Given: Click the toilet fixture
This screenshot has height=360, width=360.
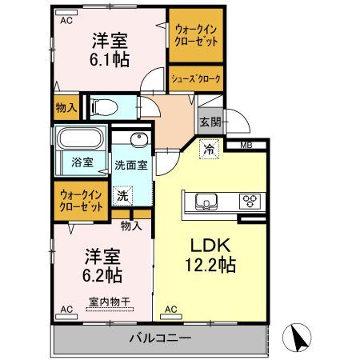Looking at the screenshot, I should pyautogui.click(x=104, y=106).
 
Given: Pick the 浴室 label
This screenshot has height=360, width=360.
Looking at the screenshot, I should pyautogui.click(x=82, y=162).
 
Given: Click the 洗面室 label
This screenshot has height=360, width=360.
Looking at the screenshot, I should pyautogui.click(x=130, y=166).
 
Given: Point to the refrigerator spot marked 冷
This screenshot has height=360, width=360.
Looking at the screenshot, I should pyautogui.click(x=208, y=149).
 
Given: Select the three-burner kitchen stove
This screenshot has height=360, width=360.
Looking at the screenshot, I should pyautogui.click(x=250, y=201).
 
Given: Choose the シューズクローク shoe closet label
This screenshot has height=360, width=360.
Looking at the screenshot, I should pyautogui.click(x=195, y=79).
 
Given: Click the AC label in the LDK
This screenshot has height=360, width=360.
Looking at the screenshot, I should pyautogui.click(x=170, y=308).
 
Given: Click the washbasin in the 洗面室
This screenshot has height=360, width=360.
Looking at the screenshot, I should pyautogui.click(x=138, y=139).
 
